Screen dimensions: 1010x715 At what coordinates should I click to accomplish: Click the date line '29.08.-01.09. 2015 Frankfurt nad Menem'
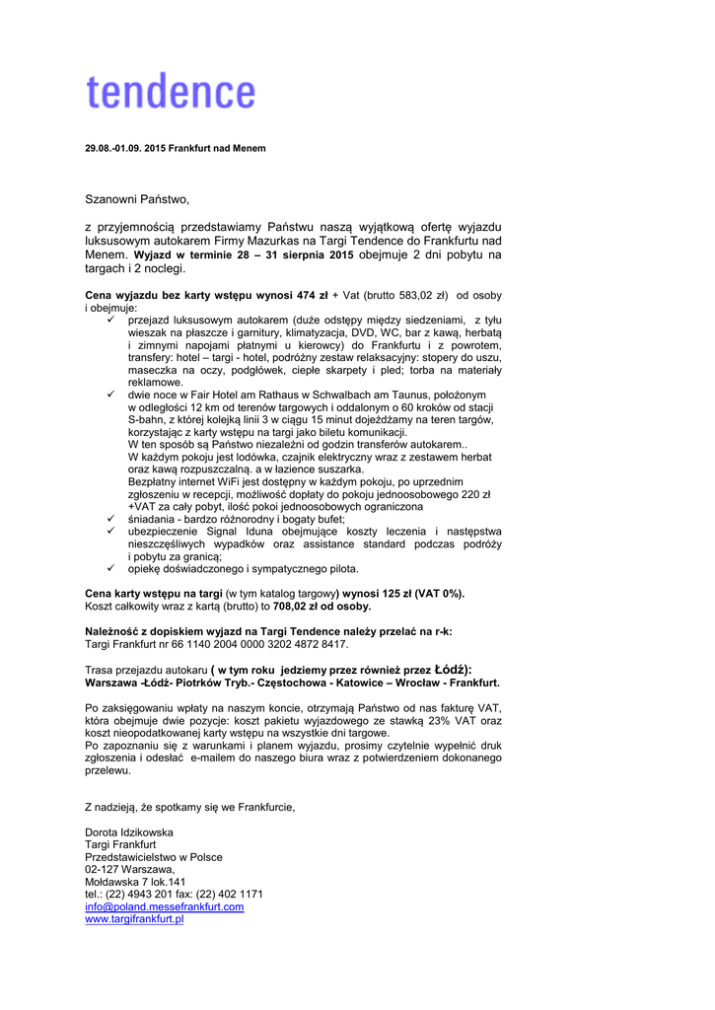[x=176, y=148]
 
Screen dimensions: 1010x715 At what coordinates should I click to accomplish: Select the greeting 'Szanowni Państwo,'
[x=136, y=199]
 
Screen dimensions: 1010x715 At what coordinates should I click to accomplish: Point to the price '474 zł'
[x=311, y=295]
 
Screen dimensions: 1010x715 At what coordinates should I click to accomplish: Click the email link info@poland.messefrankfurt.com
[x=164, y=906]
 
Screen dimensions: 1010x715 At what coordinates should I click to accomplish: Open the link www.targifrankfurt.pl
[x=134, y=918]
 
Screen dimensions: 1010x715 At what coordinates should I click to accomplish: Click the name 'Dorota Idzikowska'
[x=129, y=832]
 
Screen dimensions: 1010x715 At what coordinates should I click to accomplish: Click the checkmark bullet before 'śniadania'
[x=111, y=519]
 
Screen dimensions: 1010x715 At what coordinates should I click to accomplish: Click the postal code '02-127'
[x=102, y=869]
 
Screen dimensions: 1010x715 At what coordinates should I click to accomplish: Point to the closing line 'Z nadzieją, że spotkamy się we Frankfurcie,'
[x=190, y=808]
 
